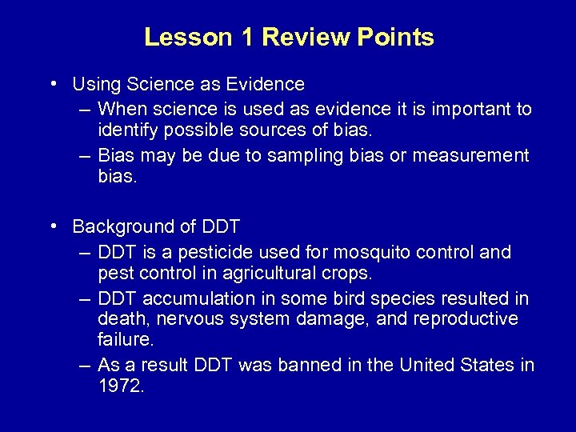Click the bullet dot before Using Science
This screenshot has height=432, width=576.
tap(52, 82)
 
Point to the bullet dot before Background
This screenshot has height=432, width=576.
tap(52, 226)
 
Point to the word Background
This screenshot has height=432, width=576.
tap(126, 226)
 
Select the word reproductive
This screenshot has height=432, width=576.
tap(458, 319)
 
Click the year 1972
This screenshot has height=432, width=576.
tap(120, 386)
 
